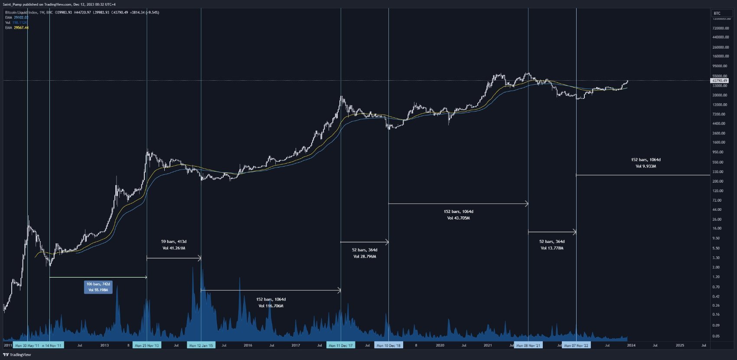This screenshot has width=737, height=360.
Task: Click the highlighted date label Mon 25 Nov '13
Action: (147, 346)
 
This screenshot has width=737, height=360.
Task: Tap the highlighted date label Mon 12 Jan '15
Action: (201, 346)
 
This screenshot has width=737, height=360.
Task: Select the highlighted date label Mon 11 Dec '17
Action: (341, 346)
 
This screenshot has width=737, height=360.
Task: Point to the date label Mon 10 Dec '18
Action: (388, 346)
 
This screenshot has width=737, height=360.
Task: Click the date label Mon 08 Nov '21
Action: (528, 346)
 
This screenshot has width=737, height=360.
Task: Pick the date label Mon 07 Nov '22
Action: (576, 346)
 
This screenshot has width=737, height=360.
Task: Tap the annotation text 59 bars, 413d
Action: (174, 242)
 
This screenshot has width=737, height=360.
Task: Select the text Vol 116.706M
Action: (271, 306)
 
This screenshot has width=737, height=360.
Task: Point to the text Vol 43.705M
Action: (459, 218)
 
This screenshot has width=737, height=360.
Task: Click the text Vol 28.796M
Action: (365, 256)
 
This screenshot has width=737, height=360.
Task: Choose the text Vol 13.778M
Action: (552, 248)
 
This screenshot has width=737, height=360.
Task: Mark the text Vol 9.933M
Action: (646, 166)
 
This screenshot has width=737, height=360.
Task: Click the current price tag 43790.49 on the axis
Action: (720, 81)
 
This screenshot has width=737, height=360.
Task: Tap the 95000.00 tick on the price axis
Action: (720, 66)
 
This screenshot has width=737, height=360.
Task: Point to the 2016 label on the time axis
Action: (248, 346)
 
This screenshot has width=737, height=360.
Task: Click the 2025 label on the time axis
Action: (680, 346)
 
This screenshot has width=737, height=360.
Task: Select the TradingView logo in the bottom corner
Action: (17, 355)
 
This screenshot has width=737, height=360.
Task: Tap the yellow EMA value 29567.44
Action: (21, 28)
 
